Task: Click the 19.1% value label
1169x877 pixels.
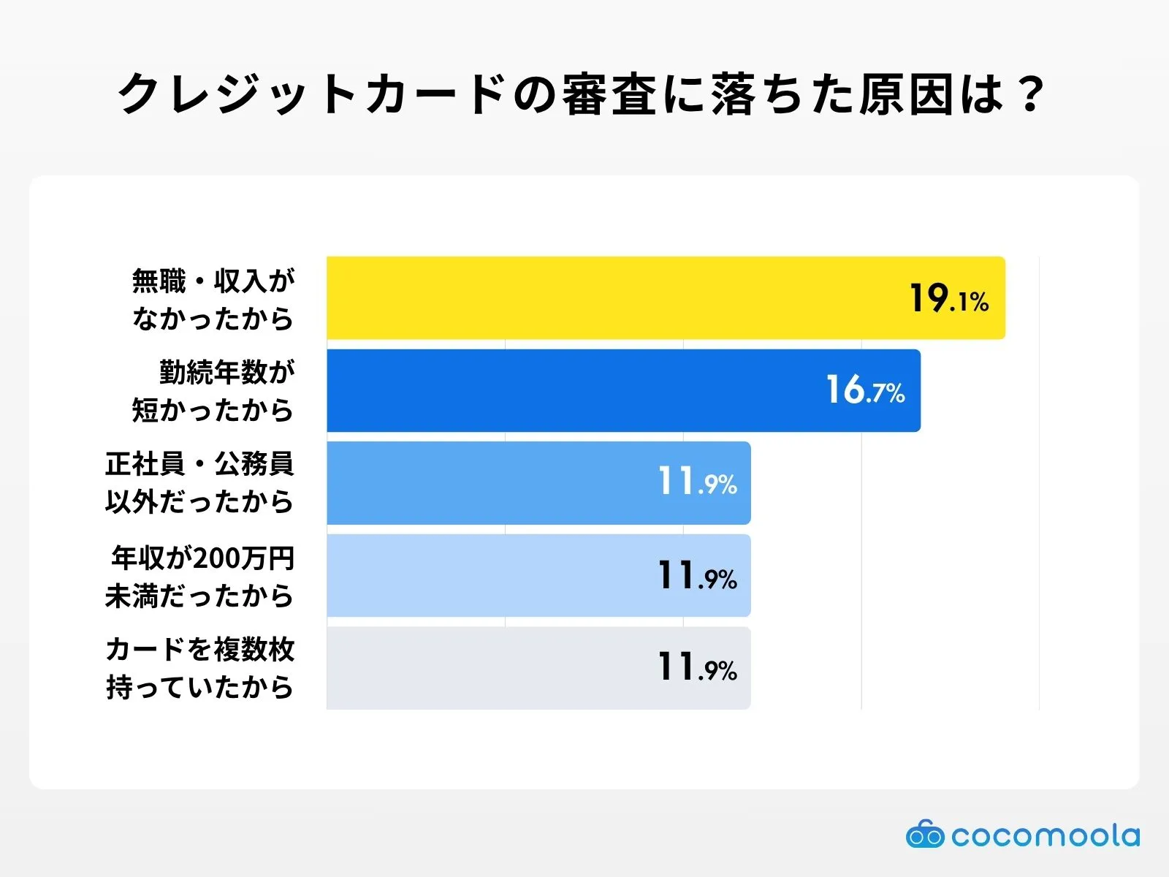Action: (x=948, y=298)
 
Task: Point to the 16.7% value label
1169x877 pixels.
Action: (x=865, y=390)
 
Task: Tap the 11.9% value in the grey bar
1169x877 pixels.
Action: (x=697, y=667)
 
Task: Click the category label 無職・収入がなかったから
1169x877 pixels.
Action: (x=213, y=299)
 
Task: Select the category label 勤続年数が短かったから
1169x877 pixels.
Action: (x=213, y=391)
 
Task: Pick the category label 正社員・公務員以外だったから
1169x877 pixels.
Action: (x=199, y=482)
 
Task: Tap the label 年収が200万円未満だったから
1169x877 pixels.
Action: (x=199, y=576)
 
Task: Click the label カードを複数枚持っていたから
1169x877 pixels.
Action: (x=199, y=667)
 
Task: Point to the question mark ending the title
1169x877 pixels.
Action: (x=1031, y=94)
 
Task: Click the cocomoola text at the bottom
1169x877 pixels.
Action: (x=1045, y=835)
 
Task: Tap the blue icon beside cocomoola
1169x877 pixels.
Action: (x=924, y=835)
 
